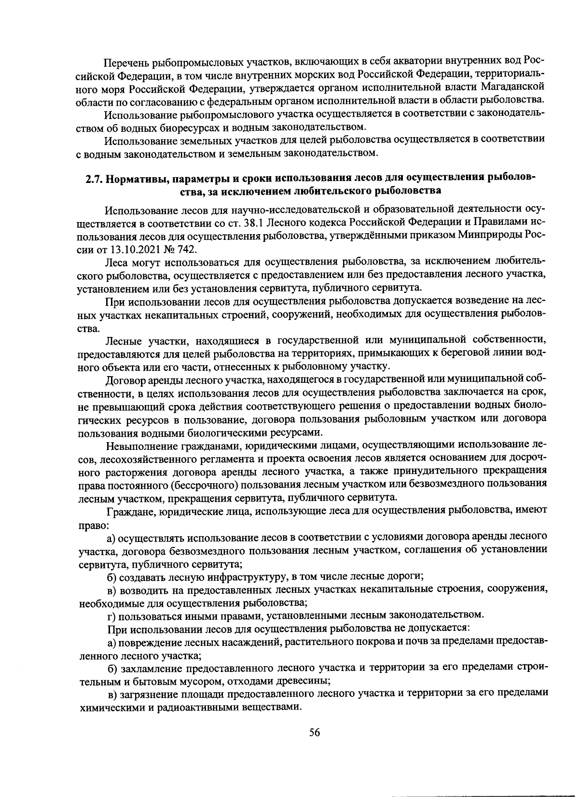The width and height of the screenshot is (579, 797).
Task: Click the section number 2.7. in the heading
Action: [94, 178]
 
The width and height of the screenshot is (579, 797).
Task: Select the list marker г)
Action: [111, 615]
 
